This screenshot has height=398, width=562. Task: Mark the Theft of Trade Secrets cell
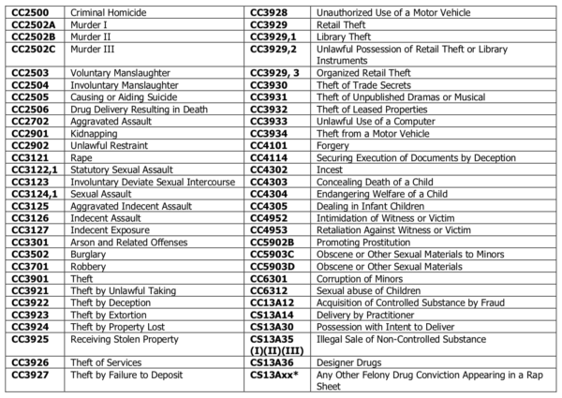coord(341,84)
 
